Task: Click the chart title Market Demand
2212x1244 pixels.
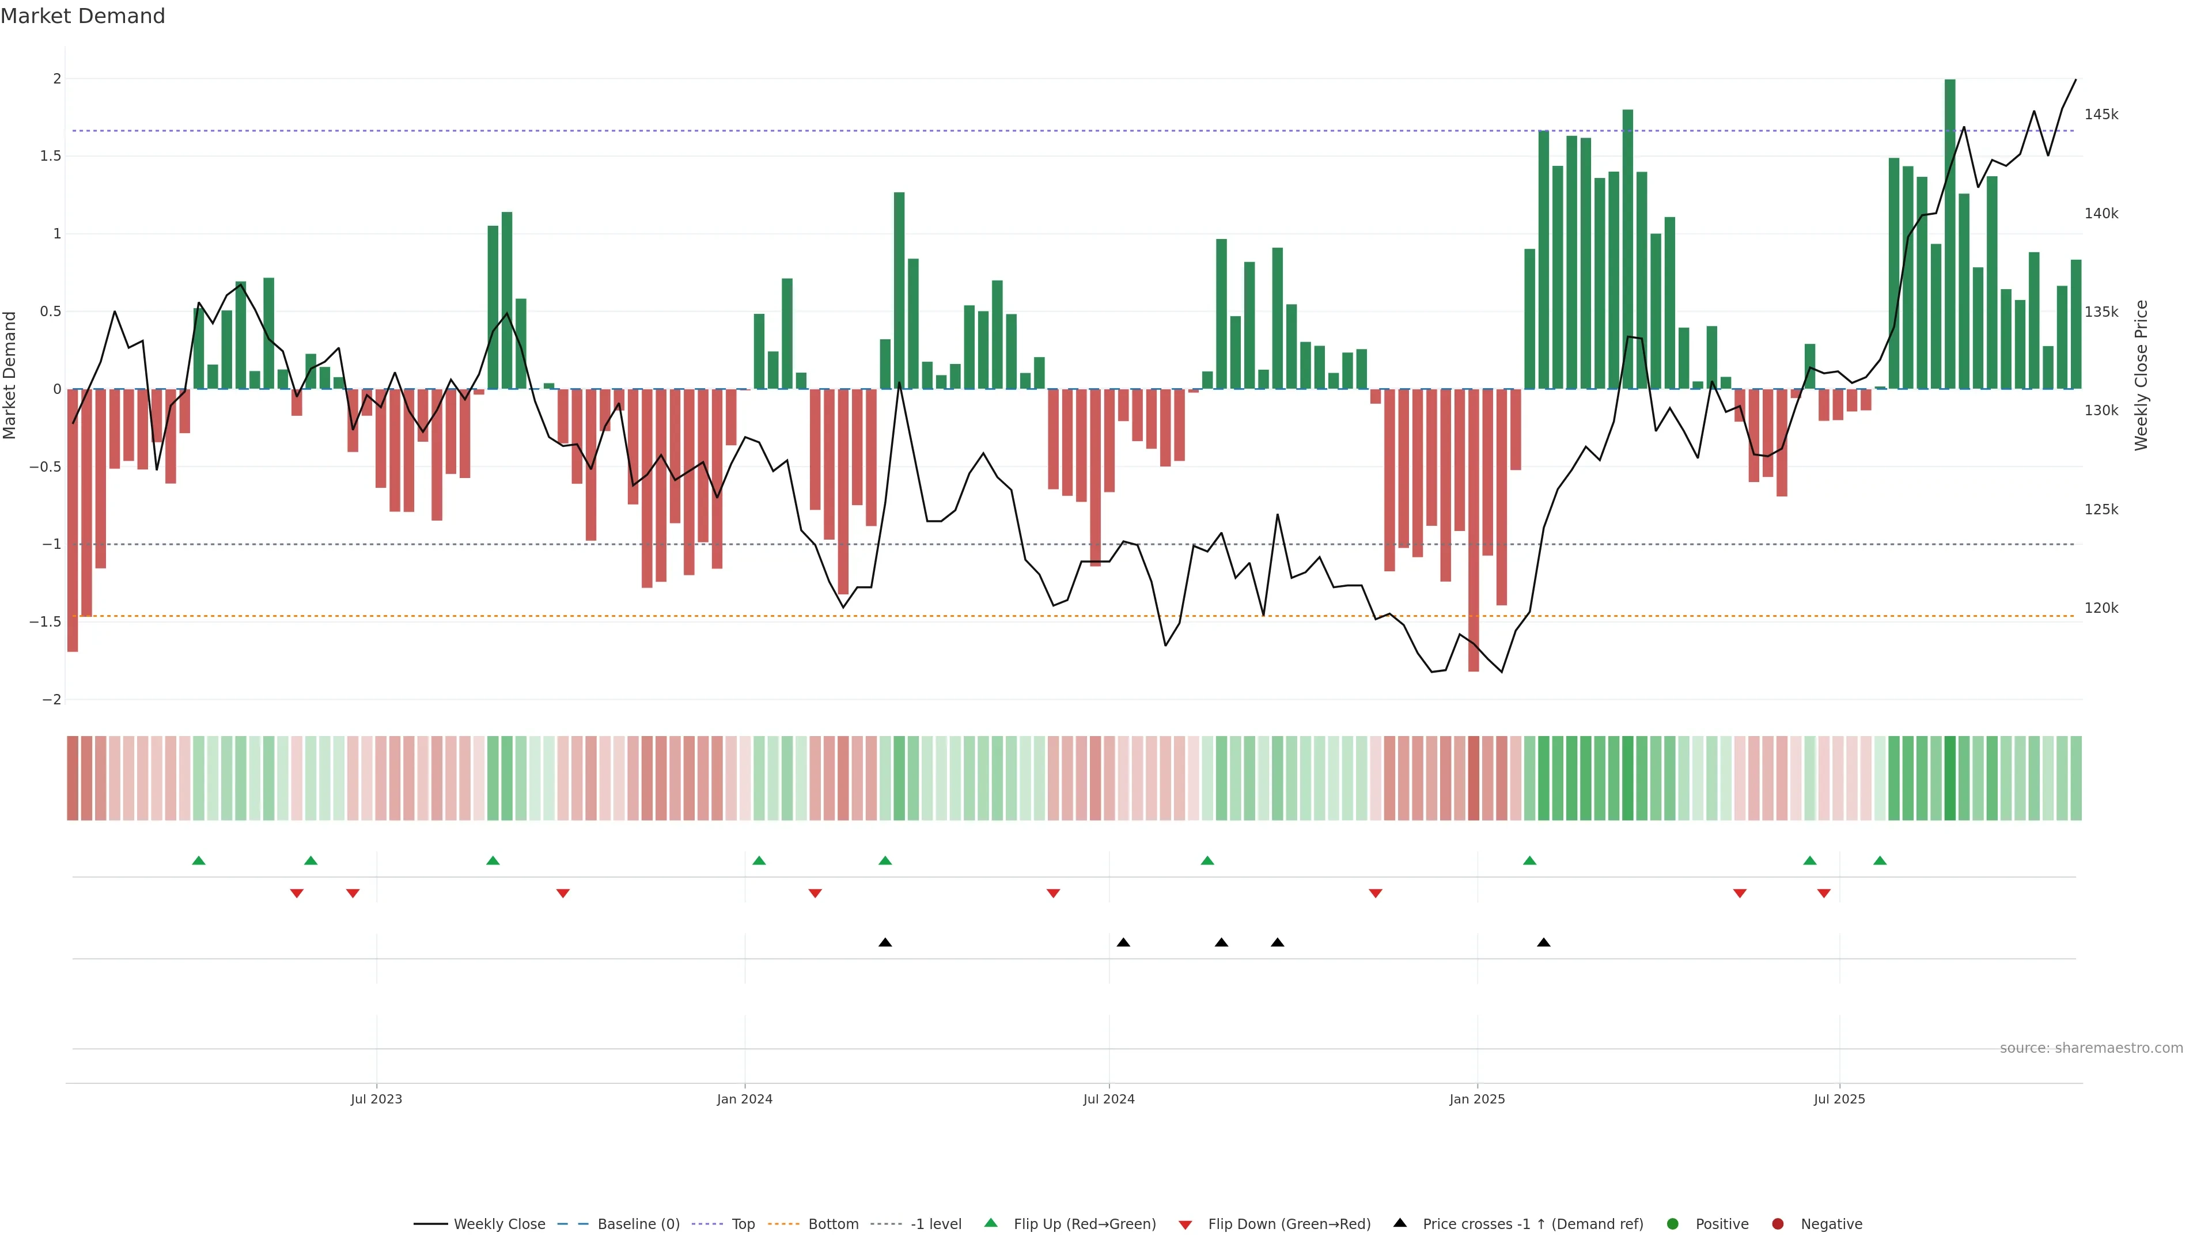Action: click(82, 16)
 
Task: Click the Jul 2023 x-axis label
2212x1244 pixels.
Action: click(376, 1099)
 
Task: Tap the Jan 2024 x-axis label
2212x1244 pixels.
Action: click(744, 1099)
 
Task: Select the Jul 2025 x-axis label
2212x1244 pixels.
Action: click(1839, 1099)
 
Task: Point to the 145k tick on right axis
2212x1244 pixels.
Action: click(2101, 114)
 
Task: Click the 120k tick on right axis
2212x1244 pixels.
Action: click(2101, 608)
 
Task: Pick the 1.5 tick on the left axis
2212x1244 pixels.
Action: click(51, 156)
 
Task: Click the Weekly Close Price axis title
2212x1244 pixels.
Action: click(2142, 375)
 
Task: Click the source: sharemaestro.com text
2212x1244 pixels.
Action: click(2091, 1048)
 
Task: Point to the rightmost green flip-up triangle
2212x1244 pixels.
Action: click(1880, 860)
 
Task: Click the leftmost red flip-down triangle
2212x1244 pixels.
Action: click(296, 894)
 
